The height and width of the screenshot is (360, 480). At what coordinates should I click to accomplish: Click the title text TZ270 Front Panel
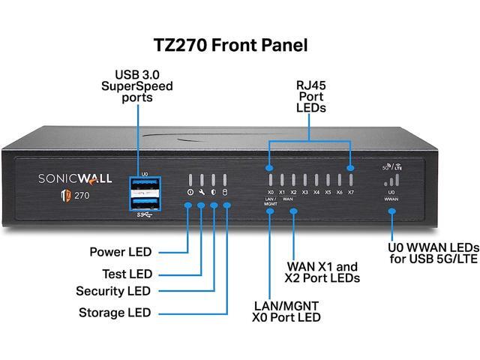pyautogui.click(x=239, y=44)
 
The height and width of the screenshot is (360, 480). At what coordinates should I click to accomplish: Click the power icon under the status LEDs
pyautogui.click(x=189, y=193)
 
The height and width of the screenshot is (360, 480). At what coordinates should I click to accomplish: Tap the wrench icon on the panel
pyautogui.click(x=201, y=193)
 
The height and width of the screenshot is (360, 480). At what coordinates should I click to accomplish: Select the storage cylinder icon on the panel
pyautogui.click(x=225, y=193)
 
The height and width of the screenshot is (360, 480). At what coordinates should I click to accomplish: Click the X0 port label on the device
pyautogui.click(x=270, y=193)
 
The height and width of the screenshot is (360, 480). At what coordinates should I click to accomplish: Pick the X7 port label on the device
pyautogui.click(x=350, y=193)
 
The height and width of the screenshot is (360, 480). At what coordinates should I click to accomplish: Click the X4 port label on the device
pyautogui.click(x=316, y=193)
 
